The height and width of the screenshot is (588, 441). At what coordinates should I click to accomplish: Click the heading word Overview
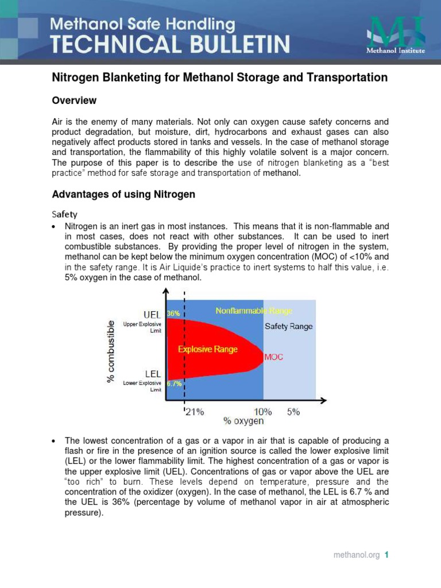pos(74,100)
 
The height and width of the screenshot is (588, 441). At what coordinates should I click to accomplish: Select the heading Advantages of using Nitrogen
pos(123,195)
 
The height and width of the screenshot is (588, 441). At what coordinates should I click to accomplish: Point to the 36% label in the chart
pos(173,314)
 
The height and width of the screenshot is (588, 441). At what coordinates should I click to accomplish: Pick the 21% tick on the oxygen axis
pos(194,412)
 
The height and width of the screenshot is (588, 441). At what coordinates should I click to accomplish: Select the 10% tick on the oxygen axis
pos(264,412)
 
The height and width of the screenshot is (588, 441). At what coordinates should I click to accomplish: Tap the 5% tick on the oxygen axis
pos(293,412)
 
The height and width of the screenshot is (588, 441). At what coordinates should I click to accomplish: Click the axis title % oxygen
pos(243,421)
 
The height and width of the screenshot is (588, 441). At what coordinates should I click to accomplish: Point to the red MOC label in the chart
pos(274,357)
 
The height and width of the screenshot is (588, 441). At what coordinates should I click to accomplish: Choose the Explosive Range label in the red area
pos(207,349)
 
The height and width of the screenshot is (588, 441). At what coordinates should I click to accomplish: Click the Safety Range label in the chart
pos(288,326)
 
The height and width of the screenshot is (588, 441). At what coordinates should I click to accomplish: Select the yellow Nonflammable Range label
pos(254,311)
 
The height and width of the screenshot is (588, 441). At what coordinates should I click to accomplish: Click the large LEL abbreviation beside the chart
pos(152,374)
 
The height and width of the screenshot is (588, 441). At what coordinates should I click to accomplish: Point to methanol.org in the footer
pos(357,555)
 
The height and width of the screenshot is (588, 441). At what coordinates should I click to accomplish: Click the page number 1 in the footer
pos(387,555)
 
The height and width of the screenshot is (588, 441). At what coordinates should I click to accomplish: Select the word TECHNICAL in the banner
pos(103,45)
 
